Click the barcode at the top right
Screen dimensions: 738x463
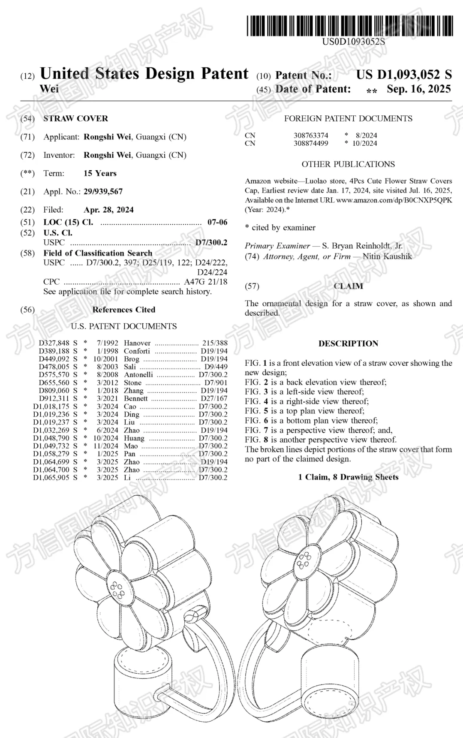pyautogui.click(x=349, y=25)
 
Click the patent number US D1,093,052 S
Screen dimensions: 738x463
pyautogui.click(x=403, y=75)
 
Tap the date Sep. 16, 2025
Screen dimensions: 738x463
pyautogui.click(x=418, y=89)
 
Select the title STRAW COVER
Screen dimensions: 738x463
pyautogui.click(x=75, y=118)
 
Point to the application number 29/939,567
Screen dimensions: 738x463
pyautogui.click(x=103, y=192)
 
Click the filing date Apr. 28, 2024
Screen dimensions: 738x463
pyautogui.click(x=108, y=210)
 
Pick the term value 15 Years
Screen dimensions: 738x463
pyautogui.click(x=100, y=173)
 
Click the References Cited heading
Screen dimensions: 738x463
pyautogui.click(x=123, y=310)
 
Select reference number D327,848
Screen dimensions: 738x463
pyautogui.click(x=54, y=343)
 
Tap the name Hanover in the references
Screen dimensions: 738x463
pyautogui.click(x=137, y=343)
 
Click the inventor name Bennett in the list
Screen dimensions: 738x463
pyautogui.click(x=135, y=398)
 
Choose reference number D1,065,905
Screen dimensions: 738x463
pyautogui.click(x=51, y=478)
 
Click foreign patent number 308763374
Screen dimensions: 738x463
pyautogui.click(x=311, y=136)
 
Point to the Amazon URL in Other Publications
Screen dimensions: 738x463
pyautogui.click(x=394, y=200)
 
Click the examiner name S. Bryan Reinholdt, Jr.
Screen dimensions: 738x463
pyautogui.click(x=362, y=246)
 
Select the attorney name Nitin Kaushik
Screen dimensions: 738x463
pyautogui.click(x=387, y=256)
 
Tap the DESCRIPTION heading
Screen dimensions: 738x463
pyautogui.click(x=348, y=343)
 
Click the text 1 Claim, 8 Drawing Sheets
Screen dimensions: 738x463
pyautogui.click(x=348, y=477)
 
